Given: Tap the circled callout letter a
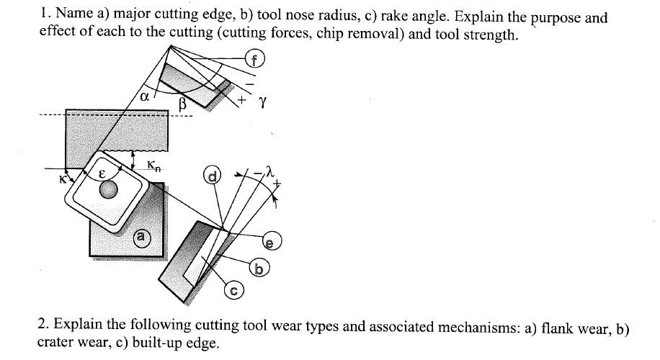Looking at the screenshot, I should pyautogui.click(x=142, y=235).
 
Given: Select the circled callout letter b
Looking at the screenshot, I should pyautogui.click(x=260, y=269).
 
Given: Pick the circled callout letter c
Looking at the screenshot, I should pyautogui.click(x=233, y=292).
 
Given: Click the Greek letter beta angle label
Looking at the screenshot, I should pyautogui.click(x=182, y=104).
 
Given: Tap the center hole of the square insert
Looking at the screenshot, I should pyautogui.click(x=108, y=191).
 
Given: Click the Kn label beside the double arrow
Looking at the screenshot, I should pyautogui.click(x=154, y=166).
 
